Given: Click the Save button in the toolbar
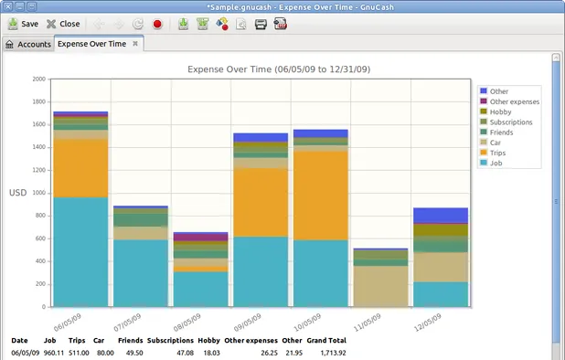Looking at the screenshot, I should (x=23, y=24).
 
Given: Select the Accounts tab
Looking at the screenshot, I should (x=27, y=44).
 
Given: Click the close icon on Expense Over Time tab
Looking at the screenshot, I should (x=135, y=43).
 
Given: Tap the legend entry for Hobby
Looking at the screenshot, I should (x=501, y=111).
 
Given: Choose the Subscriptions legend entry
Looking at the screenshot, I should (x=510, y=122).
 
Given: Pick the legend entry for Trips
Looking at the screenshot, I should (x=499, y=153).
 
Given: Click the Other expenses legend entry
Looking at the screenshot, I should (x=513, y=101).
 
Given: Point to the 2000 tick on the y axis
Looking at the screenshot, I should (x=37, y=79).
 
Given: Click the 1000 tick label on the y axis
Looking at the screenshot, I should (x=37, y=193).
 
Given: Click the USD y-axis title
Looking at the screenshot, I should (x=18, y=193).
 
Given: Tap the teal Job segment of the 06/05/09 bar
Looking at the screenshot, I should (x=80, y=251).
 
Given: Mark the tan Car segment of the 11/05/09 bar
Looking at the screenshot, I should (x=380, y=285).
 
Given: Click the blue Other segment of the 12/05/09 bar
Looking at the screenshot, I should (x=441, y=215).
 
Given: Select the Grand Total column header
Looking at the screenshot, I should (x=327, y=340).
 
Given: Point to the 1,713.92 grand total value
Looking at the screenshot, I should (x=333, y=352).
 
